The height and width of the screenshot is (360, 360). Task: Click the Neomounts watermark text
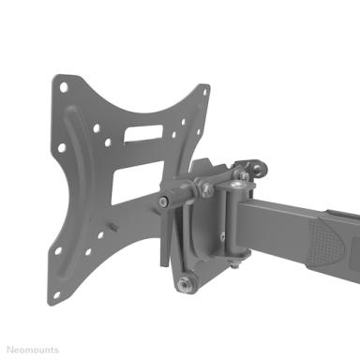33,350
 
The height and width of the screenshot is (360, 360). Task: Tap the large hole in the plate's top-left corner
64,87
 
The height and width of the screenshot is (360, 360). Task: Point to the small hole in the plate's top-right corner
205,93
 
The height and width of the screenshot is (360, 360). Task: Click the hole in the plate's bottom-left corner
57,294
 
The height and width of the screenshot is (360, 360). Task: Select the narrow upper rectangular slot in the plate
143,132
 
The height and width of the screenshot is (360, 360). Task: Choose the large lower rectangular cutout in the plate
138,183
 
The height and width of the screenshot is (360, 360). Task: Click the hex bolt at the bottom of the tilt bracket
184,284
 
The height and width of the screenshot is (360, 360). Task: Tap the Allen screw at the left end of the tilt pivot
162,202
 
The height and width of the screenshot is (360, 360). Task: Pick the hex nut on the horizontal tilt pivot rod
206,188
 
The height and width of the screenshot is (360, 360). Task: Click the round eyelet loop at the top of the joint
259,169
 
